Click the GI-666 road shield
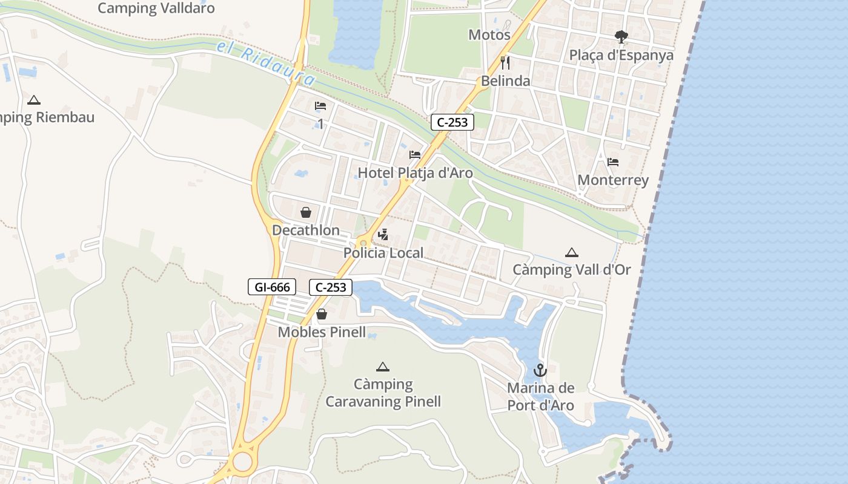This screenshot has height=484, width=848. [x=272, y=287]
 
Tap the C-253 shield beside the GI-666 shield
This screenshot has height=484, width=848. [x=331, y=287]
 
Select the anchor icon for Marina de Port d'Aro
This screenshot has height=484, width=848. [x=540, y=370]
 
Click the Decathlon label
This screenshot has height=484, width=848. [x=306, y=231]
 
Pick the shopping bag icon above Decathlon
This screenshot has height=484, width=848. [x=306, y=212]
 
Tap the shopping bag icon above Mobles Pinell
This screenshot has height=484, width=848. [x=322, y=314]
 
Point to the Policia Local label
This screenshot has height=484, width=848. [x=383, y=253]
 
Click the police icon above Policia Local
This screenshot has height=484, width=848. [x=383, y=235]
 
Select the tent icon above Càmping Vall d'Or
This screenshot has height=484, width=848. [x=571, y=252]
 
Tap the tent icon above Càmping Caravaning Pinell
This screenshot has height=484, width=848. [x=382, y=367]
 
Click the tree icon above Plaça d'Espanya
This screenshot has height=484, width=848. [x=621, y=37]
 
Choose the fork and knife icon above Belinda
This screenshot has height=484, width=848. [x=505, y=62]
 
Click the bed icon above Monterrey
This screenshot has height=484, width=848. [x=613, y=162]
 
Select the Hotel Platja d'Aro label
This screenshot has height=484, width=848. [x=415, y=173]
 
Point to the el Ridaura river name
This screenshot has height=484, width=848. [x=267, y=64]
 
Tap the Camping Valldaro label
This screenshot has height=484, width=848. [x=156, y=8]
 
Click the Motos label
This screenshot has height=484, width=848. [x=489, y=35]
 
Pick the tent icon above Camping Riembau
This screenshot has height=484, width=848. [x=34, y=100]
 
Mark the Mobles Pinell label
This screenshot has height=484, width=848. [x=322, y=332]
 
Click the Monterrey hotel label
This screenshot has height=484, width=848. [x=613, y=180]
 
